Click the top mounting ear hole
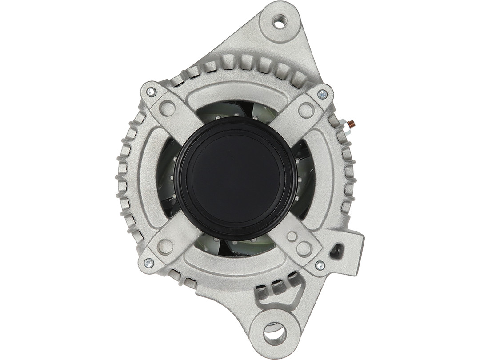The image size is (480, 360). [280, 21]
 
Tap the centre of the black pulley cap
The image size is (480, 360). [236, 178]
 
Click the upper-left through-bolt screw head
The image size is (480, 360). [151, 92]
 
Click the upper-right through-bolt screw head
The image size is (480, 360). [322, 94]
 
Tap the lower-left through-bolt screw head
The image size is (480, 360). [149, 263]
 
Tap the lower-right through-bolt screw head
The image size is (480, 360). [320, 265]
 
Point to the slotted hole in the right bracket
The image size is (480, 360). [336, 251]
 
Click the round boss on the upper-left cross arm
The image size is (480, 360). [167, 108]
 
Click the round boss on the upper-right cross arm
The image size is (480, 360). [306, 110]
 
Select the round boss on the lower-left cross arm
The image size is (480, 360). [165, 247]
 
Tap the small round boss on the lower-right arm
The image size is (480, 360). [292, 236]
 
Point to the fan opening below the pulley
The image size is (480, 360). [236, 247]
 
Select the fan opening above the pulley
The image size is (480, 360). [236, 109]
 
